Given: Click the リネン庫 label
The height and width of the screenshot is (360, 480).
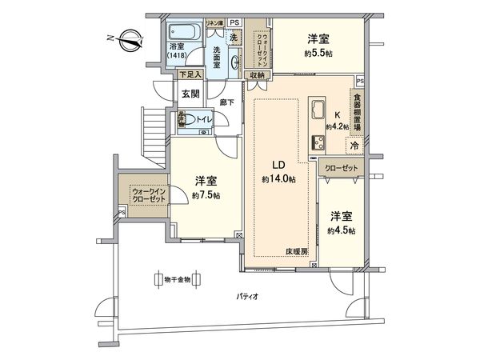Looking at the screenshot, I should click(x=214, y=24).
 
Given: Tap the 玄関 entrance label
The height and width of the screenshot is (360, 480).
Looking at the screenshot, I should click(x=190, y=94).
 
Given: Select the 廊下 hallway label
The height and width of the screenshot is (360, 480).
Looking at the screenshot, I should click(x=226, y=102).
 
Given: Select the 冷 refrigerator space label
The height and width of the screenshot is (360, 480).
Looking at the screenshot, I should click(x=353, y=146).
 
